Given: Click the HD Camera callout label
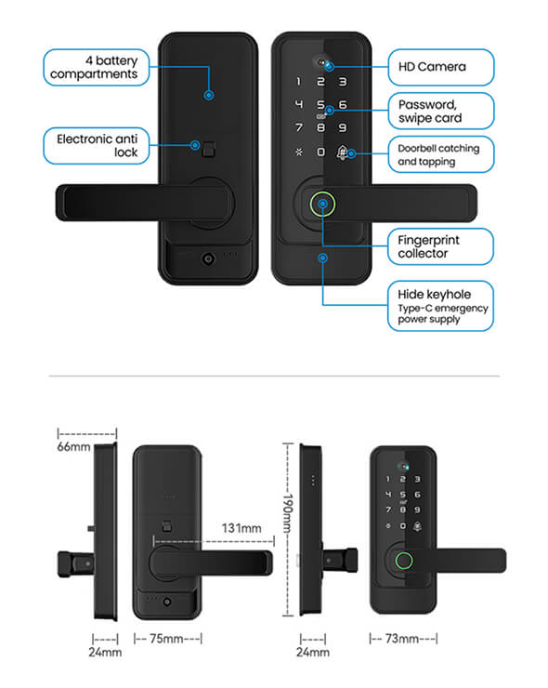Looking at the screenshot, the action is click(441, 67).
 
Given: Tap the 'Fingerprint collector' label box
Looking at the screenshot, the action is click(440, 246).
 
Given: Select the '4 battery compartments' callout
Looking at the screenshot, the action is click(97, 67).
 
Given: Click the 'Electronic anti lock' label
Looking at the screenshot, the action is click(97, 146).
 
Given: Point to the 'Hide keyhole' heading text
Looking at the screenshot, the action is click(434, 295).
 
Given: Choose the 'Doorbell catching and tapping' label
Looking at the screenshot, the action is click(441, 154).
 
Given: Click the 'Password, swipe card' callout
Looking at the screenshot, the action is click(441, 111).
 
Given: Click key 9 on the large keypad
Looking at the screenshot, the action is click(343, 127).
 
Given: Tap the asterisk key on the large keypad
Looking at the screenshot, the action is click(299, 152).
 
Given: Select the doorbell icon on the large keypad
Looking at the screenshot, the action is click(342, 152).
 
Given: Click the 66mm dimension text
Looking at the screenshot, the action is click(73, 447).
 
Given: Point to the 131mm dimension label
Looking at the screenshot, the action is click(241, 528).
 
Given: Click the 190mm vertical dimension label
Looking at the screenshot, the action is click(288, 512).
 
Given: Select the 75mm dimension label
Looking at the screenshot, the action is click(166, 639).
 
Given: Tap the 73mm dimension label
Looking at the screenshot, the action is click(401, 639).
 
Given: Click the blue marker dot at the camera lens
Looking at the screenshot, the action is click(330, 67).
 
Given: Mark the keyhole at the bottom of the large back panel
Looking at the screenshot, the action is click(208, 258).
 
